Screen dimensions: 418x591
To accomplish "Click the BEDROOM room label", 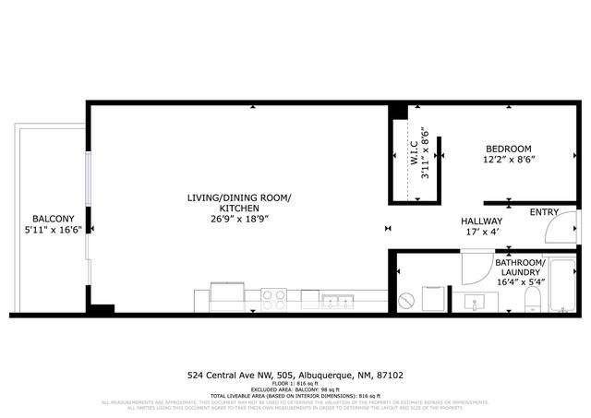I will click(508, 149).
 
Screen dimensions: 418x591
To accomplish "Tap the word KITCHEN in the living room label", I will click(239, 209).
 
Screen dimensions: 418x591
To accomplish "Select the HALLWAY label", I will click(482, 221).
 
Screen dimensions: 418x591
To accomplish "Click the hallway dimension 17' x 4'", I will click(482, 233).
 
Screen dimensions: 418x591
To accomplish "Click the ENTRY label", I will click(544, 212).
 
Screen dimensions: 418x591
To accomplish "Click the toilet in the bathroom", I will click(532, 297).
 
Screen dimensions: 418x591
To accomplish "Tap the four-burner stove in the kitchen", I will click(274, 299).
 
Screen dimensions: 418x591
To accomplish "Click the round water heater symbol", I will click(407, 300).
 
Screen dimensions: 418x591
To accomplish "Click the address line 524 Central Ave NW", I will click(295, 376).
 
